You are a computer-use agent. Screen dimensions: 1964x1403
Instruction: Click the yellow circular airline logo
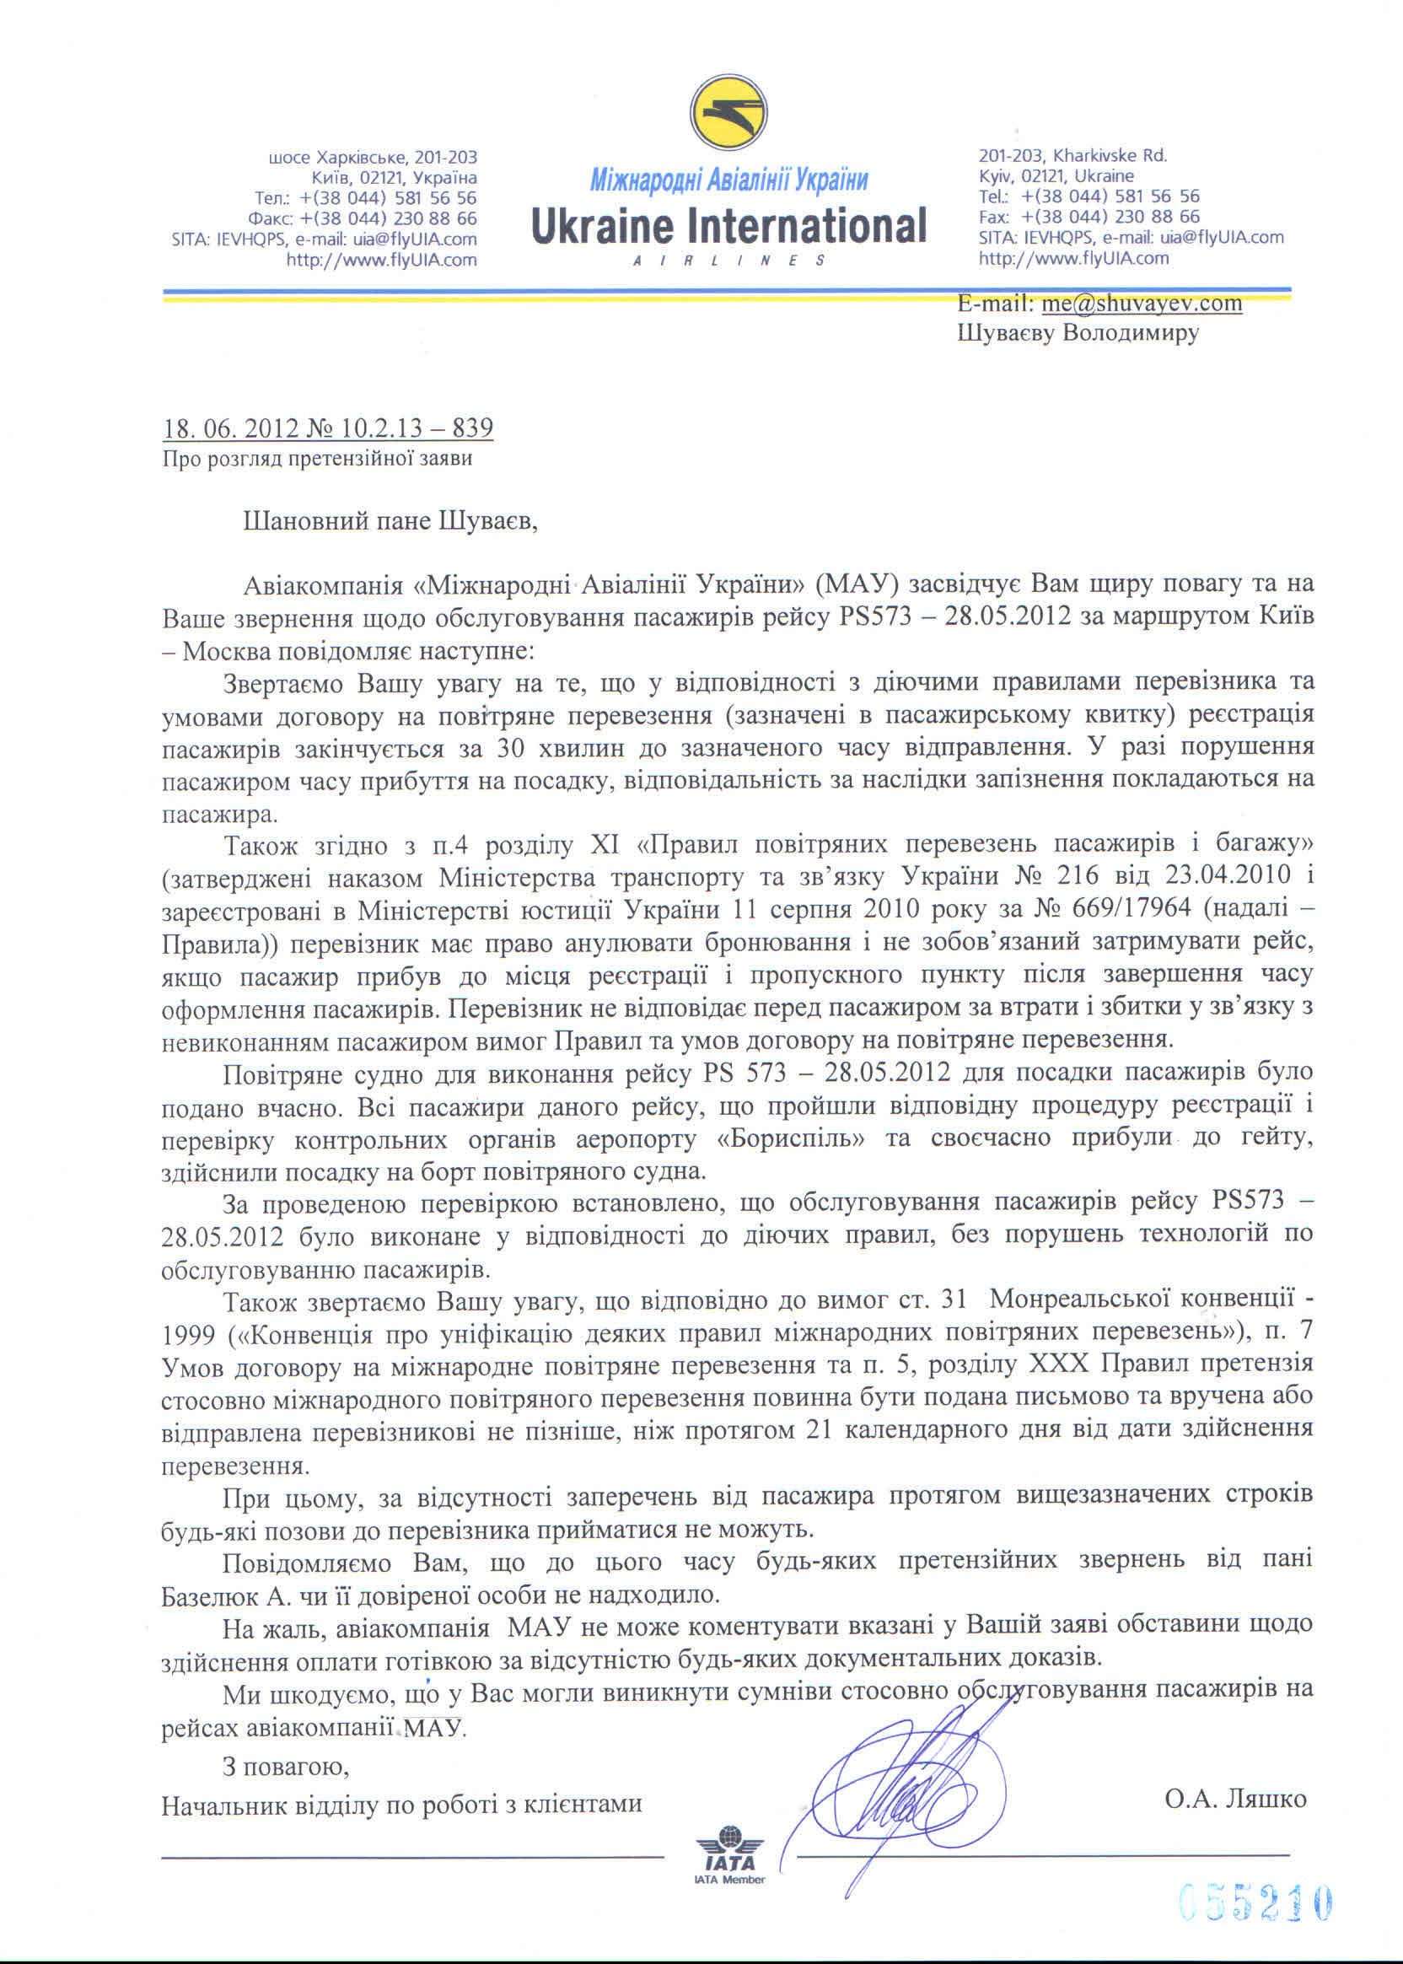728,113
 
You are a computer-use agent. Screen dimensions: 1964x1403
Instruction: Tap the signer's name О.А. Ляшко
1234,1799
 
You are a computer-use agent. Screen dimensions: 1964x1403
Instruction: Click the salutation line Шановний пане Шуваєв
390,521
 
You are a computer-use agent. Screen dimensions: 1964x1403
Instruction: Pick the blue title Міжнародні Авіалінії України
728,180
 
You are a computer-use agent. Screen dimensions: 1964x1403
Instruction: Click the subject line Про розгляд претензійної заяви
317,458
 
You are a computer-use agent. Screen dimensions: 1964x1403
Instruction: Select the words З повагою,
286,1767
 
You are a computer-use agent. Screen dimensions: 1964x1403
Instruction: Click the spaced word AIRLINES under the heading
728,260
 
